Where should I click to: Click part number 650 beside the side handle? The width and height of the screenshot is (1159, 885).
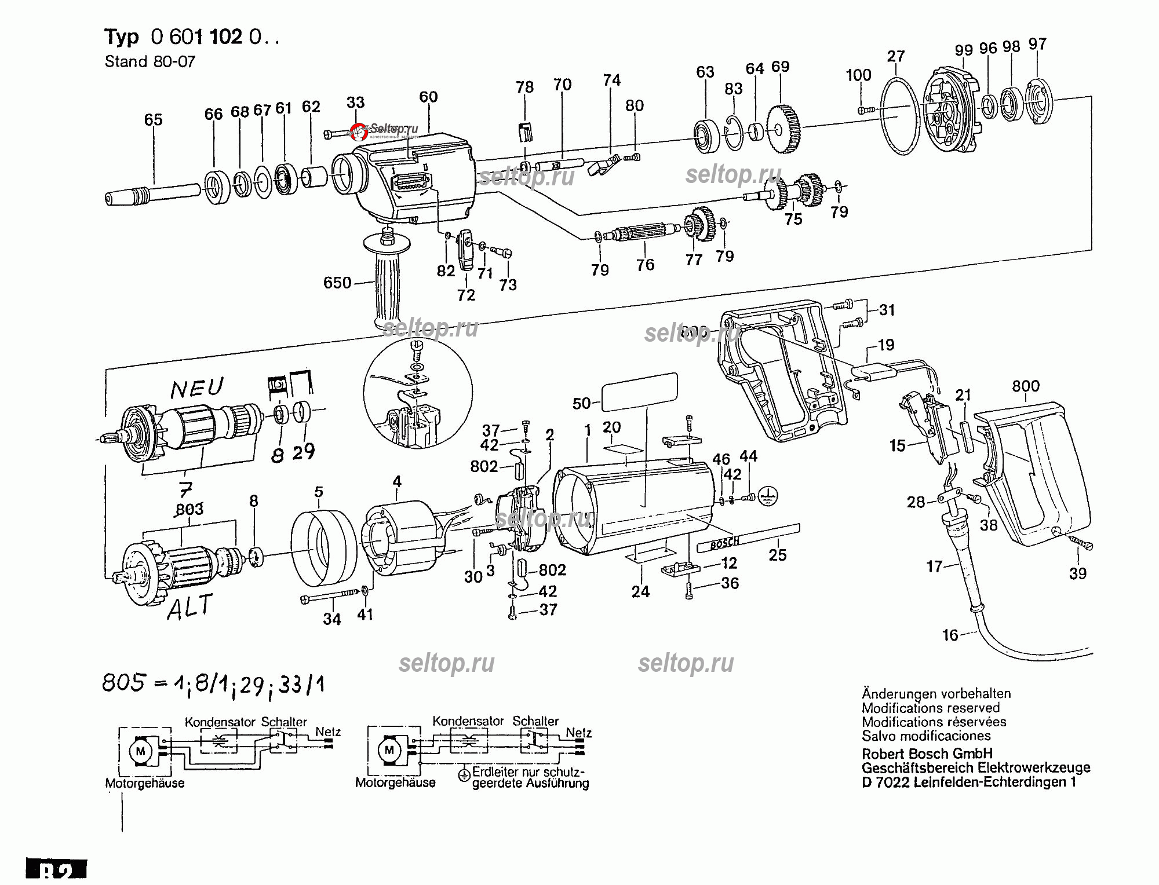[337, 283]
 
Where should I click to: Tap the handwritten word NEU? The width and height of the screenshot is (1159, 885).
[197, 388]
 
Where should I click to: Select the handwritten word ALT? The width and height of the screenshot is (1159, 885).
[190, 608]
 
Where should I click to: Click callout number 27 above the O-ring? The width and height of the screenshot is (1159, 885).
[895, 56]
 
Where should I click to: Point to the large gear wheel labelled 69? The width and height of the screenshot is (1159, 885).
[785, 129]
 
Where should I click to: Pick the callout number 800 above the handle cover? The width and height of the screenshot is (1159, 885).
[1025, 386]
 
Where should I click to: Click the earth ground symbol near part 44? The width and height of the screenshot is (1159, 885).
[768, 496]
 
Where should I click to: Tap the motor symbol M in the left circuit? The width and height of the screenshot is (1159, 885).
[140, 752]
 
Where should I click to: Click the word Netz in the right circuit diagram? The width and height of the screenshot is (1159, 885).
[578, 733]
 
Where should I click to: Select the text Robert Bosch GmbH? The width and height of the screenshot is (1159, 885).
[927, 754]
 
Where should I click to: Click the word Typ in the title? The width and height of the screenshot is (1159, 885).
[122, 37]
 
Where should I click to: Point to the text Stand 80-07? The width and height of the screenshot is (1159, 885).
[150, 61]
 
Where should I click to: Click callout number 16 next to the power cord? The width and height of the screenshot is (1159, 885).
[950, 635]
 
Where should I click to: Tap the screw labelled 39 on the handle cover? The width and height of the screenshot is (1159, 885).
[1079, 542]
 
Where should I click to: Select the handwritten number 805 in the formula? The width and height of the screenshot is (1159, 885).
[123, 683]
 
